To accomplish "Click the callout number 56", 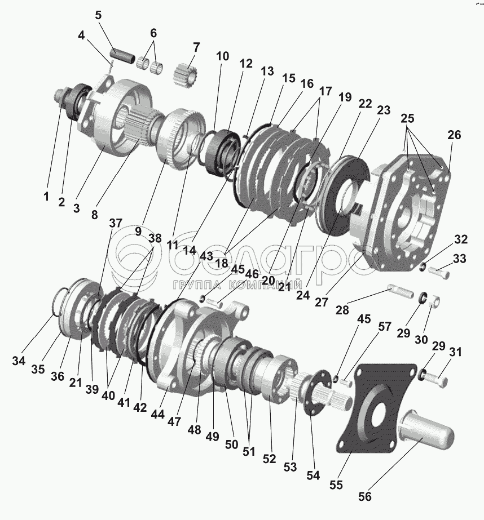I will [x=364, y=497].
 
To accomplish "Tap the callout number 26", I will [x=454, y=135].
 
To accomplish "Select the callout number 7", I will [x=196, y=46].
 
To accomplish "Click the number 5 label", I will [x=98, y=15].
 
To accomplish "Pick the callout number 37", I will [x=116, y=223].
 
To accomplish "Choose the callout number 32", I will [x=460, y=239].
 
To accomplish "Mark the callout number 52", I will [x=270, y=458].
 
